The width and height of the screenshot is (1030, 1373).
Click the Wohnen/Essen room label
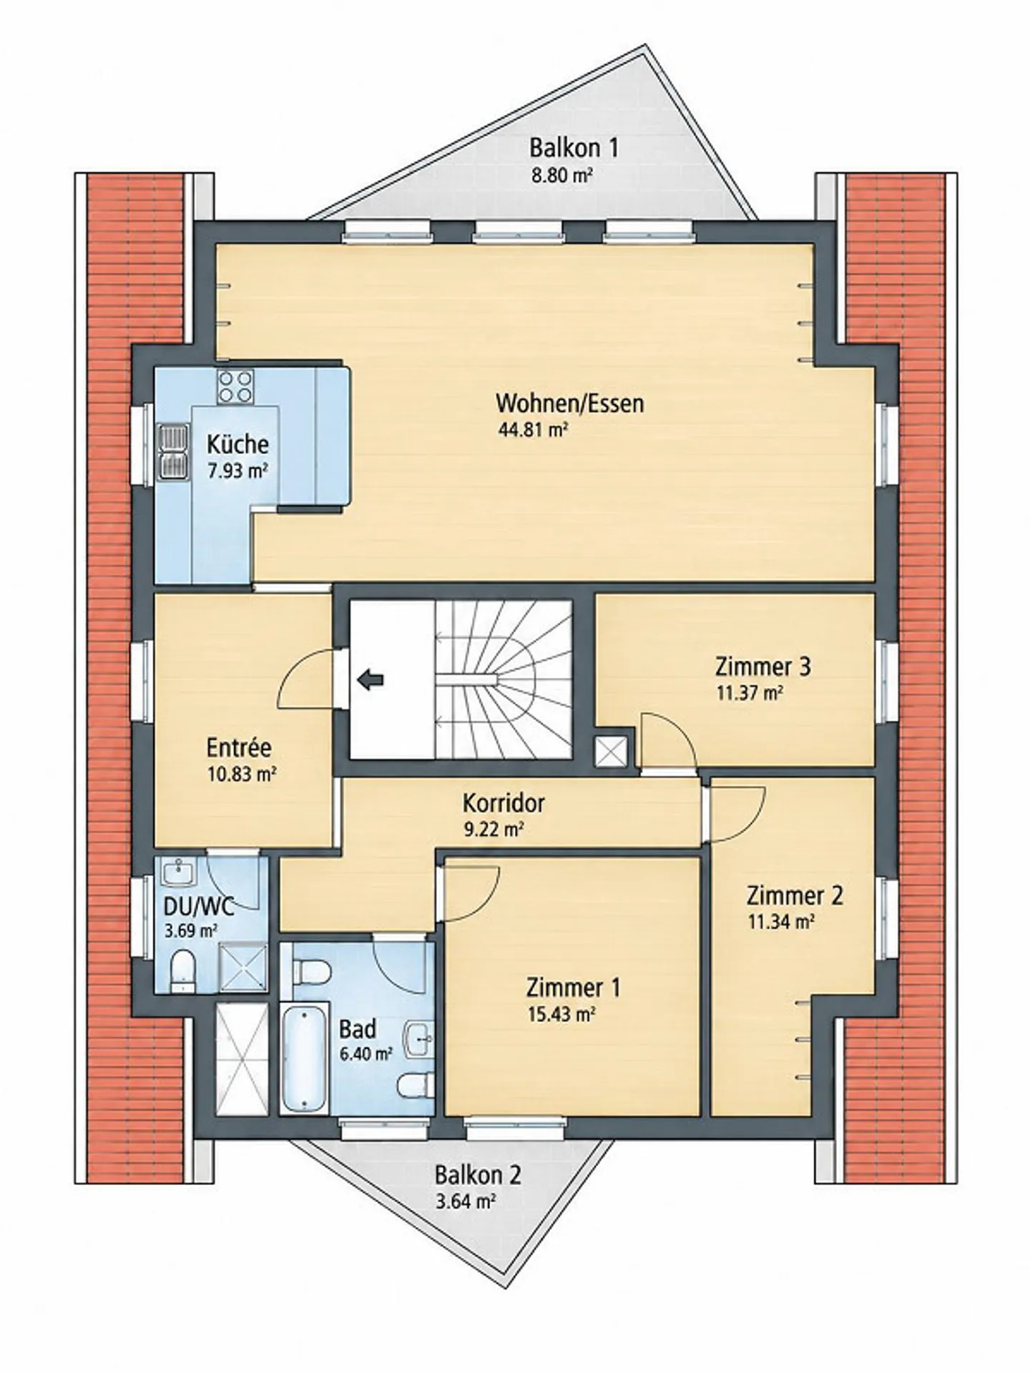(570, 403)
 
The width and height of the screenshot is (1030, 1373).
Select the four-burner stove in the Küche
(235, 385)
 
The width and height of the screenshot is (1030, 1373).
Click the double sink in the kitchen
(171, 452)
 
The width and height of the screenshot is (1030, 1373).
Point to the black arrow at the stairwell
(370, 679)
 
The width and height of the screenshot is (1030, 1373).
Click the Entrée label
(239, 748)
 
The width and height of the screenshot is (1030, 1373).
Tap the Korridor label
(504, 803)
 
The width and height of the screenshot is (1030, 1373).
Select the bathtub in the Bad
(304, 1057)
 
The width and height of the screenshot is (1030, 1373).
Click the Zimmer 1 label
(574, 988)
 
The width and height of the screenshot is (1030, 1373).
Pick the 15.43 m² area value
(561, 1014)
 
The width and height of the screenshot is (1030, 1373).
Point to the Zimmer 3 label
(763, 666)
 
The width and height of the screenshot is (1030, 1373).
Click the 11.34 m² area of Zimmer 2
(781, 922)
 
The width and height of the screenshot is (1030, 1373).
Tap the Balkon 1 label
(574, 148)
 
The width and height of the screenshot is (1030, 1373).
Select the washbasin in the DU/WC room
(176, 872)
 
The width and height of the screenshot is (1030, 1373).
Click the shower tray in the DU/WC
(243, 968)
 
